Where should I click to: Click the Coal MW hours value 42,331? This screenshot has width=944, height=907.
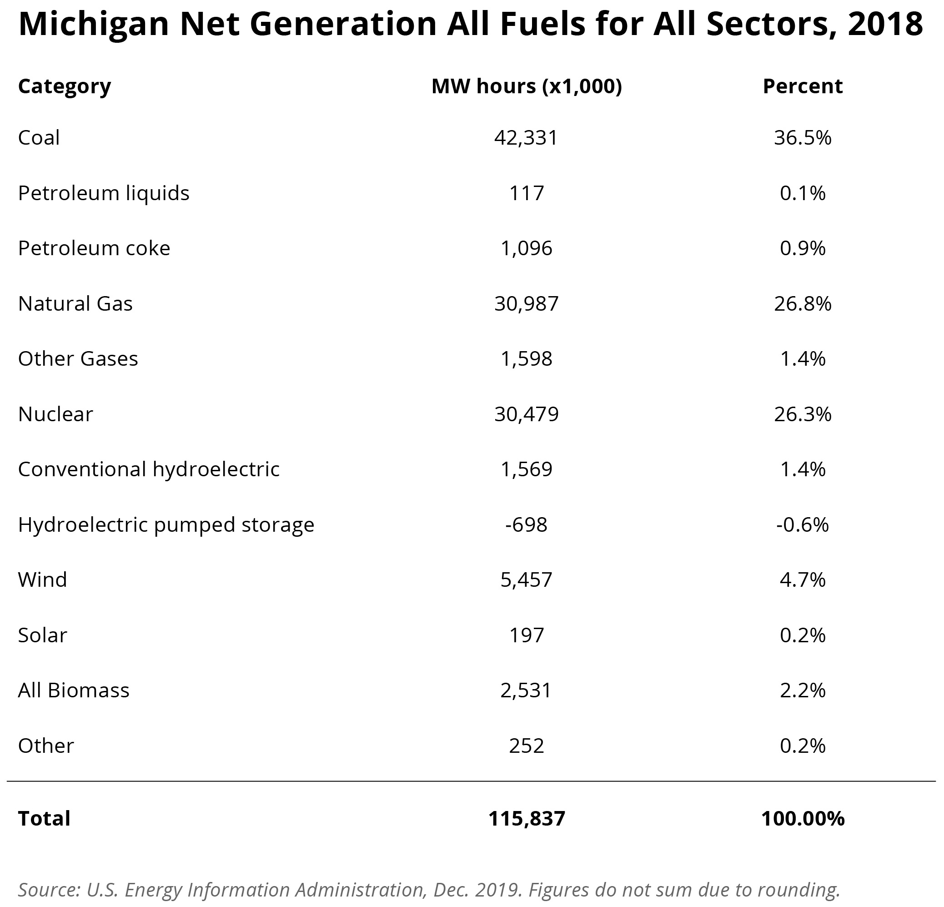(526, 138)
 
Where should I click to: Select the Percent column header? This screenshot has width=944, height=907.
(803, 86)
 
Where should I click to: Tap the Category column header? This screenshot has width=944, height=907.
(65, 86)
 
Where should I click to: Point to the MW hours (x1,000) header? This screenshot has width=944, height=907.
(527, 86)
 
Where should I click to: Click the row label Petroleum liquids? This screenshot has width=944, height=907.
(104, 193)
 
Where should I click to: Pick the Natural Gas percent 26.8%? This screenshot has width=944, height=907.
(803, 304)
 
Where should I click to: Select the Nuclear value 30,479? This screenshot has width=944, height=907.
(526, 414)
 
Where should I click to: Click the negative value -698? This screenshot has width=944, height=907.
(526, 524)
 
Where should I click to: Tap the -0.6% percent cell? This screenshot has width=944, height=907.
(803, 524)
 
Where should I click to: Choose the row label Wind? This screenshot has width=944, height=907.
(42, 579)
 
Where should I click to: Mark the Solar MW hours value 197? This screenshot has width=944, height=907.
(527, 635)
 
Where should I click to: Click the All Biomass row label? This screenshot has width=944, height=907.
(74, 690)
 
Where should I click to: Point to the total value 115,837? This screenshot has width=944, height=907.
(527, 818)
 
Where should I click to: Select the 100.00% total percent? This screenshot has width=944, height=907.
(803, 818)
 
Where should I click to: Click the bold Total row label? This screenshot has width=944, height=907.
(44, 818)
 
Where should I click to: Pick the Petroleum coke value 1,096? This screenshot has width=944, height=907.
(526, 248)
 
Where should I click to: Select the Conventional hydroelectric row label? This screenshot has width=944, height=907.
(149, 469)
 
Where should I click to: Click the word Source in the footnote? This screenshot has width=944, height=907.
(48, 889)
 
